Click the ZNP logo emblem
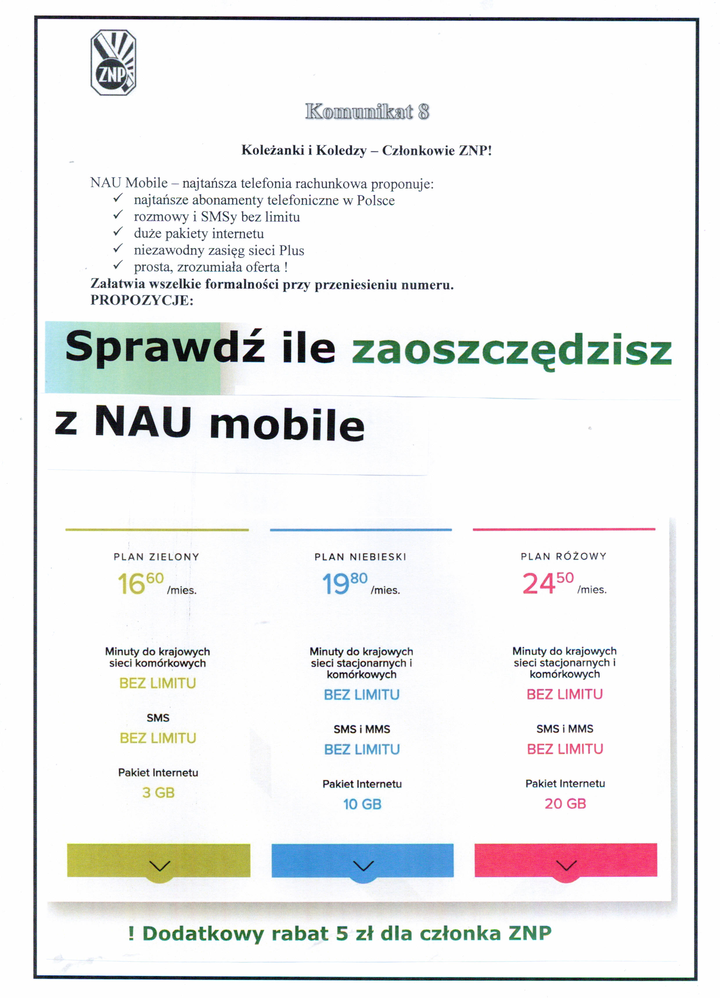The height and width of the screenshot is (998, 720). (x=113, y=62)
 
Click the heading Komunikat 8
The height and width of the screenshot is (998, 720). (x=367, y=112)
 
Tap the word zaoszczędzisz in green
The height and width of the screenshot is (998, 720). (x=511, y=352)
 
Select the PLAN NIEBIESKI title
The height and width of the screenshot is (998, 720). (x=361, y=557)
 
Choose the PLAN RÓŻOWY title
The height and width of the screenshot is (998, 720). (x=564, y=556)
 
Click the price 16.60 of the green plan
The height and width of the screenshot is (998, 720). (x=140, y=583)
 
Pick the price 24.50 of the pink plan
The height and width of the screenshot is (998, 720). (x=548, y=583)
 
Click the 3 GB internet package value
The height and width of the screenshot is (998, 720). (x=159, y=792)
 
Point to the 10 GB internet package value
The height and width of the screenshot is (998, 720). (x=362, y=804)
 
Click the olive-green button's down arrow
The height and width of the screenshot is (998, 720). (x=159, y=866)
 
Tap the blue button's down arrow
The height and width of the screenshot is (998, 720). (x=363, y=866)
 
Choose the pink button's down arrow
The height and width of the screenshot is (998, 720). (x=566, y=866)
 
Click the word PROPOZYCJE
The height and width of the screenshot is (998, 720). (x=142, y=300)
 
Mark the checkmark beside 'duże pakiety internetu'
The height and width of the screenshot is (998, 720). (x=118, y=232)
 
